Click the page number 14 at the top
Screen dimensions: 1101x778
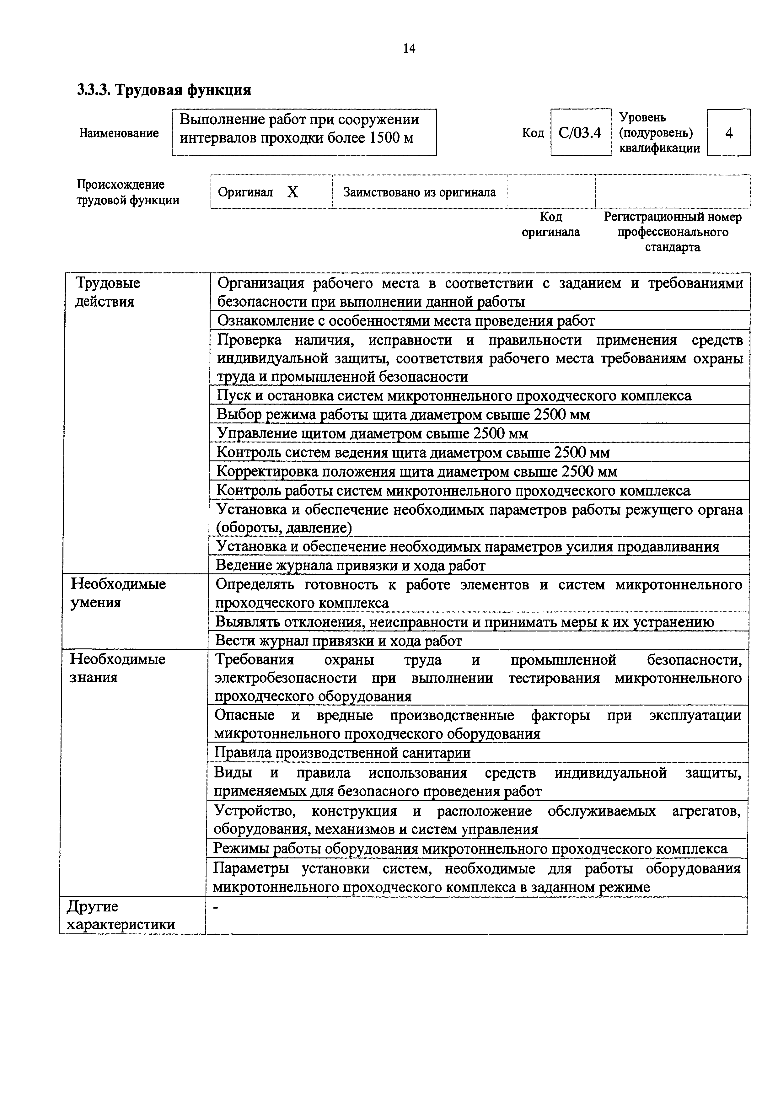(x=409, y=48)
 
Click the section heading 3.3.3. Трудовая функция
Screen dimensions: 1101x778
(x=164, y=90)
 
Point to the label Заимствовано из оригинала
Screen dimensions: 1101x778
(x=419, y=192)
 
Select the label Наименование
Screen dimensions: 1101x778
(x=119, y=133)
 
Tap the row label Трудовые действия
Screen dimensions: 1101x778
(x=108, y=292)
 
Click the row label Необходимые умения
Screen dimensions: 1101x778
(x=118, y=593)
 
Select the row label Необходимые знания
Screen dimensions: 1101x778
(x=117, y=668)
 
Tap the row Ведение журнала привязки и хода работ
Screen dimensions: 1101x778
(x=351, y=565)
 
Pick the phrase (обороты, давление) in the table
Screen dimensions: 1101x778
(x=284, y=528)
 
